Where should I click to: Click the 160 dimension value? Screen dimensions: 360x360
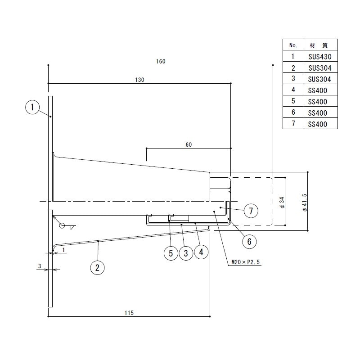coord(161,61)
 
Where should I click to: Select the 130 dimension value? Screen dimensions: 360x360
coord(139,80)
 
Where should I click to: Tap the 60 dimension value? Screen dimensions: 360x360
coord(189,144)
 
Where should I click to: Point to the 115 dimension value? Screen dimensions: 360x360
coord(129,313)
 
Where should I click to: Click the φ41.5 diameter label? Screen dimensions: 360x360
coord(305,202)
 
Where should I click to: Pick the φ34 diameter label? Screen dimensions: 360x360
coord(282,202)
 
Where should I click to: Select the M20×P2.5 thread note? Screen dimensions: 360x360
coord(245,262)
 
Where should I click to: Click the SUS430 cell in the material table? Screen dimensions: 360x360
coord(320,57)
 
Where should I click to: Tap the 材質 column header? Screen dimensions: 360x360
coord(319,45)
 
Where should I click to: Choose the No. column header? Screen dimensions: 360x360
coord(293,45)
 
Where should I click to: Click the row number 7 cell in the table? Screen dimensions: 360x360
coord(293,123)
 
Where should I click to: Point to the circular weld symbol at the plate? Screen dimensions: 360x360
coord(62,226)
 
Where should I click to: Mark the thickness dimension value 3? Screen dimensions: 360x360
coord(40,266)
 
